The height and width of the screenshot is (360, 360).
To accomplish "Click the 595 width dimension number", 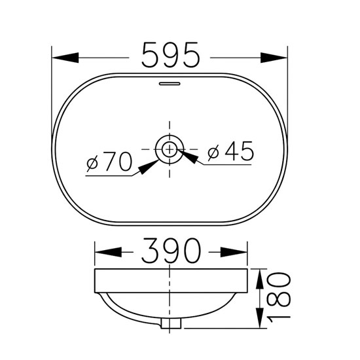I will tap(170, 56).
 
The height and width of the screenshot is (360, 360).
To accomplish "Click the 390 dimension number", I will tap(170, 251).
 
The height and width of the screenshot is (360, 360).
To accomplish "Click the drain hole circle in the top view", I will tap(170, 149).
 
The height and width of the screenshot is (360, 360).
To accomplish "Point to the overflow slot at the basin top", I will tap(170, 83).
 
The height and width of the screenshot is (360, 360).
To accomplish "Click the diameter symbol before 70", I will tap(93, 163).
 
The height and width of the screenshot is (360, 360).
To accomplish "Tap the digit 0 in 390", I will tap(192, 251).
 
